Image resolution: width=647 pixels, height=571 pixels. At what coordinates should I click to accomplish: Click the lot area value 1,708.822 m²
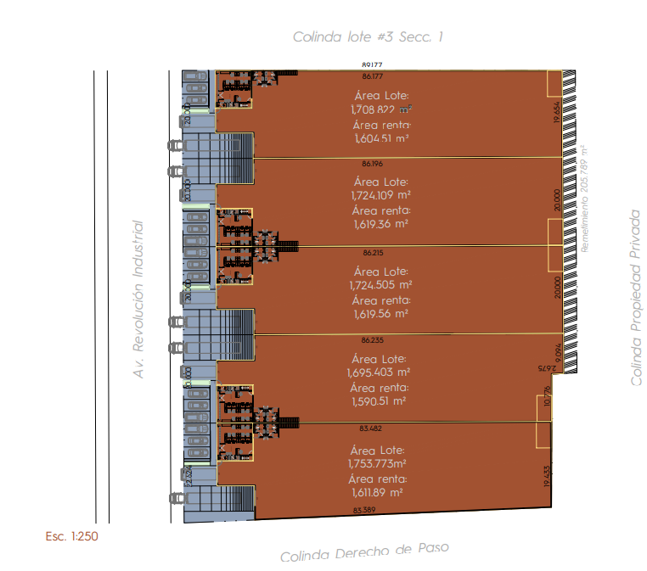tap(381, 109)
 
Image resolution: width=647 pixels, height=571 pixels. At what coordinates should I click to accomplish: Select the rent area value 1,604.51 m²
tap(381, 139)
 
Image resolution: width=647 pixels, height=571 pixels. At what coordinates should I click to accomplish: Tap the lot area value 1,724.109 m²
tap(380, 195)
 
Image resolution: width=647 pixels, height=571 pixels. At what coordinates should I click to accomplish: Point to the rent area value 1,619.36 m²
tap(380, 225)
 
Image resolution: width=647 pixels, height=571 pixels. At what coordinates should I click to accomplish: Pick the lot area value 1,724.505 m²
tap(380, 285)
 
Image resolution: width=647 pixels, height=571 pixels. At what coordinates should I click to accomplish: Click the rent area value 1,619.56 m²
tap(380, 313)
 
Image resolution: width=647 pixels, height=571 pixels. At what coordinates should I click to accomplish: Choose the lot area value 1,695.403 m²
tap(379, 372)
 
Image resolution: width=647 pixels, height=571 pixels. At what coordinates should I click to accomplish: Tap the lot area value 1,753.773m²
tap(377, 463)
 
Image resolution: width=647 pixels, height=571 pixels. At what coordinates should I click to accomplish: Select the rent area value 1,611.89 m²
tap(377, 492)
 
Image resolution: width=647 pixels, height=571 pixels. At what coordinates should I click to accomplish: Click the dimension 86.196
tap(372, 163)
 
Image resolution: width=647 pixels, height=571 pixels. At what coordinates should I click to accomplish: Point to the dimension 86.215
tap(372, 253)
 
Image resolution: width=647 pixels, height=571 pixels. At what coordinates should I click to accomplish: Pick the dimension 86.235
tap(372, 340)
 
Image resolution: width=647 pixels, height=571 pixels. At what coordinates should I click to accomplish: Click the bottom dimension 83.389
tap(366, 510)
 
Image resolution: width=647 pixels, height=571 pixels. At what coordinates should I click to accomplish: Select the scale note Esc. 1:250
tap(73, 536)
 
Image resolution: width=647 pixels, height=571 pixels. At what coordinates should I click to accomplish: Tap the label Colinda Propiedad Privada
tap(636, 299)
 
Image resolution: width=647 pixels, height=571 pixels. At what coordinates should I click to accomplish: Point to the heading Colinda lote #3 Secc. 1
tap(368, 36)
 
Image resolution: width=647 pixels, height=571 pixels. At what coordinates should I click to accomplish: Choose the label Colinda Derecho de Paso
tap(363, 552)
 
